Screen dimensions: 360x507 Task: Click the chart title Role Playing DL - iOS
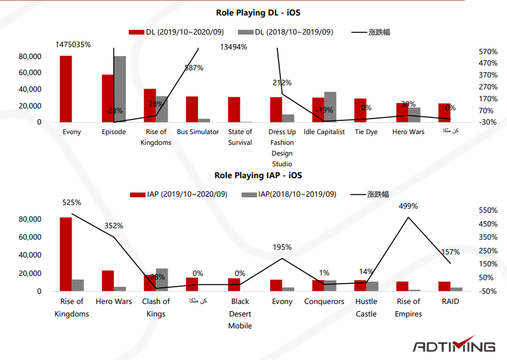[x=253, y=13]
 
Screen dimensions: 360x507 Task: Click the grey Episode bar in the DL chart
[x=120, y=89]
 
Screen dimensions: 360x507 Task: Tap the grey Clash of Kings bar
[x=162, y=280]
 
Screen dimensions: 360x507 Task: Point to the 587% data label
[x=194, y=68]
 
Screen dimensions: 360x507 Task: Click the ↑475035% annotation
[x=73, y=45]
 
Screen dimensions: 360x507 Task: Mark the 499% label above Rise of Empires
[x=409, y=206]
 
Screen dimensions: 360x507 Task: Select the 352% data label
[x=114, y=226]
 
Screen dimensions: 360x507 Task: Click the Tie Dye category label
[x=366, y=132]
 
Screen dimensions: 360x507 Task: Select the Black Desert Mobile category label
[x=240, y=314]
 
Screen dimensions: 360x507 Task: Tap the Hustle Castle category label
[x=366, y=308]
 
